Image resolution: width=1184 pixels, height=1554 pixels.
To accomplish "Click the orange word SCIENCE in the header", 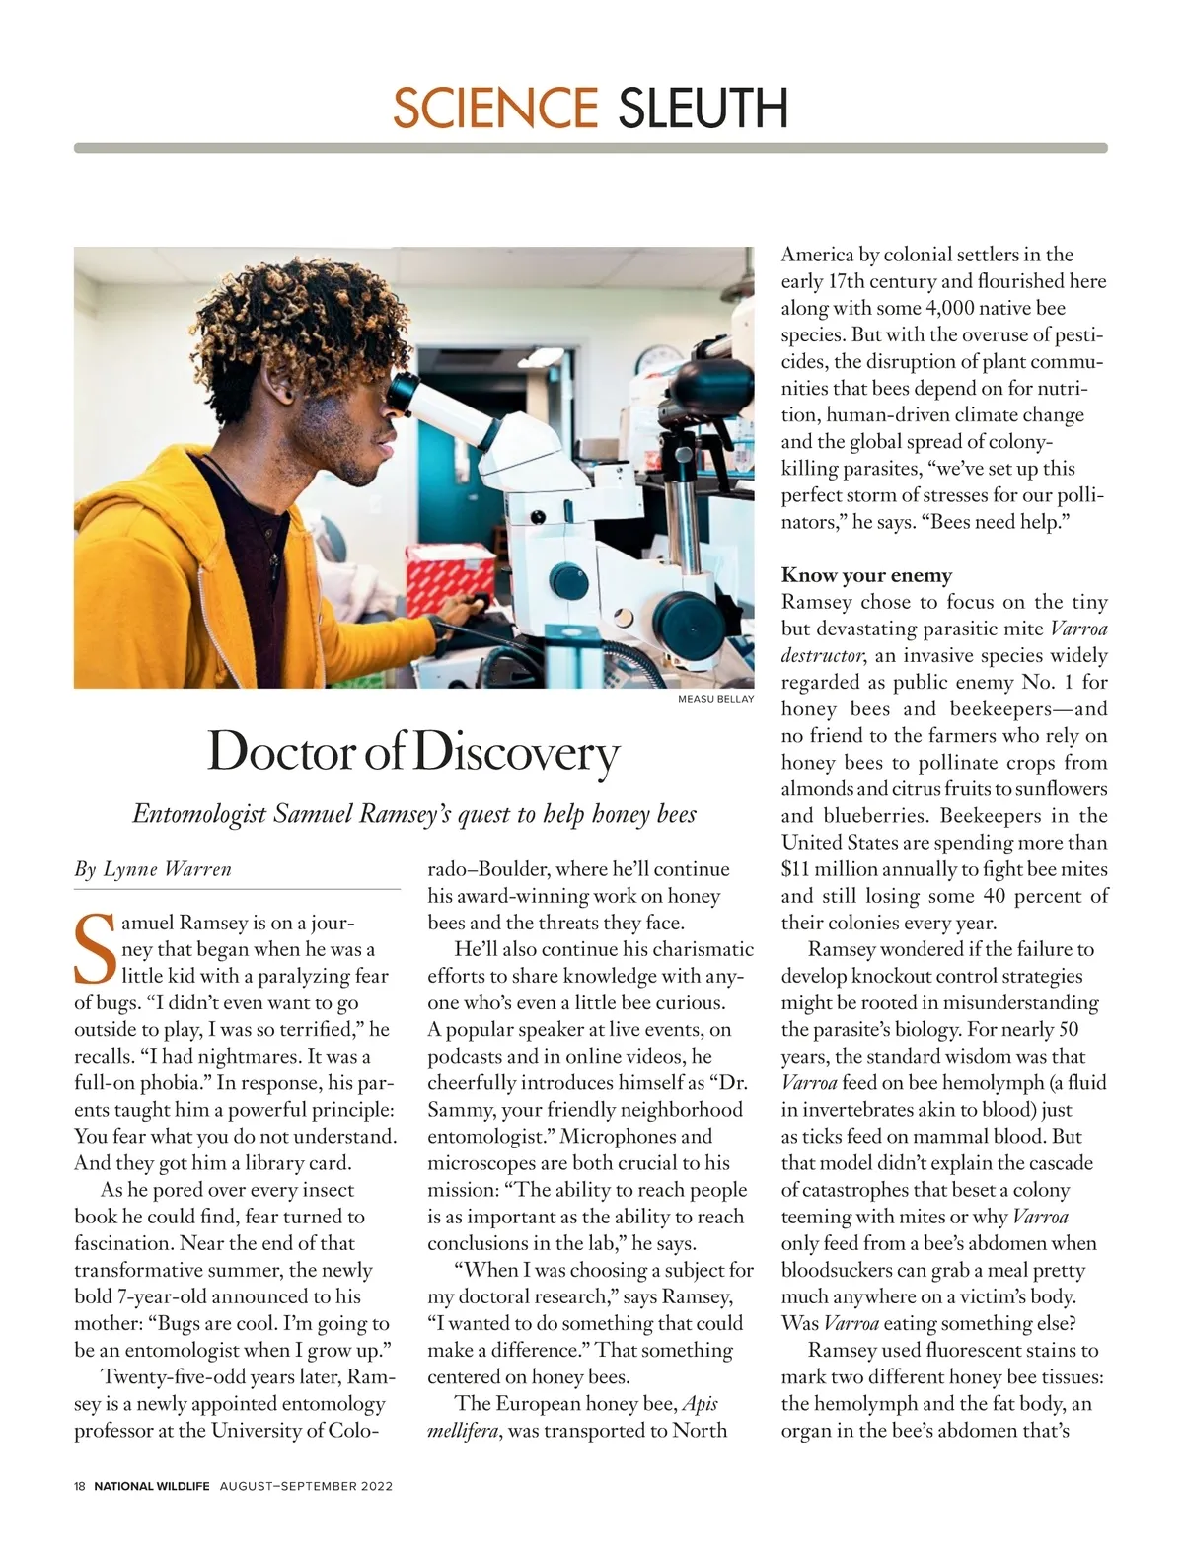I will click(x=494, y=108).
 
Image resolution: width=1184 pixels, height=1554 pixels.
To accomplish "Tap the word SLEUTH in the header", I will click(x=703, y=108).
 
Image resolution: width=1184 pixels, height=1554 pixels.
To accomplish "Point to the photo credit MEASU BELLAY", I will click(x=715, y=699).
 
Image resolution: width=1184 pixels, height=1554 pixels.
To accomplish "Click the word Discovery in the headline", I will click(x=515, y=753).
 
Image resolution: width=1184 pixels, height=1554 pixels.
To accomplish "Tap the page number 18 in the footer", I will click(x=80, y=1486).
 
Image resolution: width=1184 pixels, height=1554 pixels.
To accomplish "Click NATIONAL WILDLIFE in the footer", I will click(x=152, y=1486).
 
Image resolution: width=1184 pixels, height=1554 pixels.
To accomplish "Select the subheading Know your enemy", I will click(x=866, y=575).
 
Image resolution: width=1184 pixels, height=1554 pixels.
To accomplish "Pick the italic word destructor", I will click(x=823, y=656).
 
